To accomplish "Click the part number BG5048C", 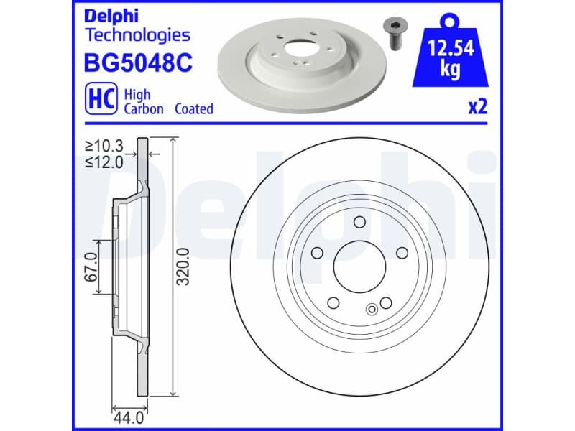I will point(139,63).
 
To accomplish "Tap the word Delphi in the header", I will point(110,15).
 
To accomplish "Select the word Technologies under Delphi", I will point(137,34).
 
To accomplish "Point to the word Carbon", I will point(144,109).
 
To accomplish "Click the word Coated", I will point(192,109).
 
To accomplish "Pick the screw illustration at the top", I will point(394,32).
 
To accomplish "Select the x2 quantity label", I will point(478,107).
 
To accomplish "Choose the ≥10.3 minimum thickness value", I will point(104,147).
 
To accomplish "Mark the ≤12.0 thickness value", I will point(104,162).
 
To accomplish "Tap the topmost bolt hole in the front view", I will point(359,222).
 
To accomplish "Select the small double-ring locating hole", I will point(372,310).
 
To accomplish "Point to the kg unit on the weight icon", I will point(449,72).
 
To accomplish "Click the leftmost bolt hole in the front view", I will point(317,252).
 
